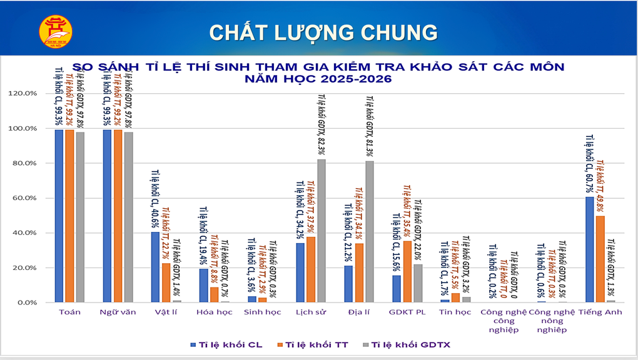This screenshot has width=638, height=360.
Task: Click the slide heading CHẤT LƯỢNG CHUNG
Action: click(323, 32)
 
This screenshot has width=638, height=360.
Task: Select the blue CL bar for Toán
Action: click(59, 216)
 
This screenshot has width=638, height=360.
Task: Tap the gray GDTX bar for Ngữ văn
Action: click(129, 217)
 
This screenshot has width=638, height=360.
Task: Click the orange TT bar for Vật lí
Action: click(166, 282)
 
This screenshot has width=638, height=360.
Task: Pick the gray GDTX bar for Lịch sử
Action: click(322, 231)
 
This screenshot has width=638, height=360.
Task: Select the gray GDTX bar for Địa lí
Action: click(370, 231)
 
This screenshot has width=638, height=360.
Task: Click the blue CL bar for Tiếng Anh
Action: click(590, 249)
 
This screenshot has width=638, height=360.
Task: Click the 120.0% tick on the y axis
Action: click(23, 94)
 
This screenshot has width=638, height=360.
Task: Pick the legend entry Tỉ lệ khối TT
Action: click(316, 344)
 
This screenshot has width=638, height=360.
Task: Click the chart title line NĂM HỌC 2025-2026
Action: click(319, 79)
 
